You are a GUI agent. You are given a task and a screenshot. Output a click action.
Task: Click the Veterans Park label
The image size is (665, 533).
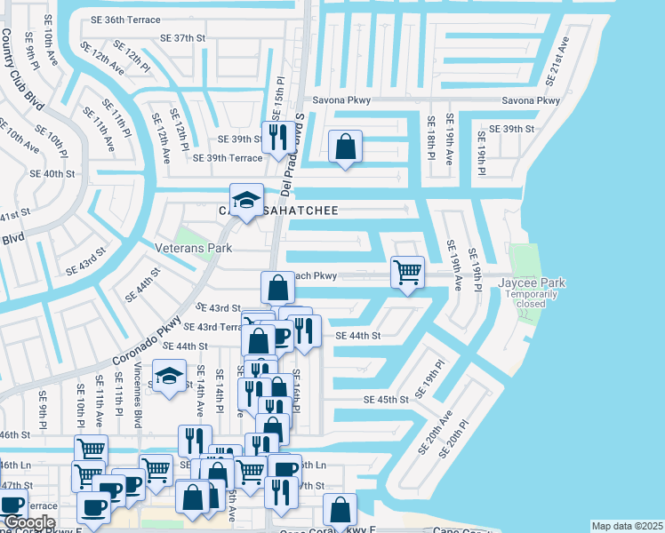[193, 249]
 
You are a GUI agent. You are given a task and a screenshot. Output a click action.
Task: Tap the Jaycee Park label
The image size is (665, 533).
[532, 282]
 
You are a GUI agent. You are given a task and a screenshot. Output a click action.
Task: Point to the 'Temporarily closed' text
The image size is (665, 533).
[531, 298]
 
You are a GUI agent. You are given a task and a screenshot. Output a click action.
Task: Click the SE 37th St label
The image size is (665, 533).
[183, 38]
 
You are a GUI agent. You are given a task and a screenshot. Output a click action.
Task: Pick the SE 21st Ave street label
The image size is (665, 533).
[558, 62]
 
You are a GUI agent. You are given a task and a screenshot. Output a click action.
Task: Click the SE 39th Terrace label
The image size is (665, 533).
[228, 158]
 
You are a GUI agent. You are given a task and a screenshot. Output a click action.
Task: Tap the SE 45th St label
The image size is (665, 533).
[385, 400]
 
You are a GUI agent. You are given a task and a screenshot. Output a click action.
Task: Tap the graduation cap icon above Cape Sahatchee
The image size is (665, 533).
[246, 197]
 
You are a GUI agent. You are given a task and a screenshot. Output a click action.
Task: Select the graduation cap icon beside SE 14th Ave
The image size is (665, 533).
[169, 374]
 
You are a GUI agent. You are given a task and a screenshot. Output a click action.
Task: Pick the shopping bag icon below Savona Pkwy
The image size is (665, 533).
[345, 145]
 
